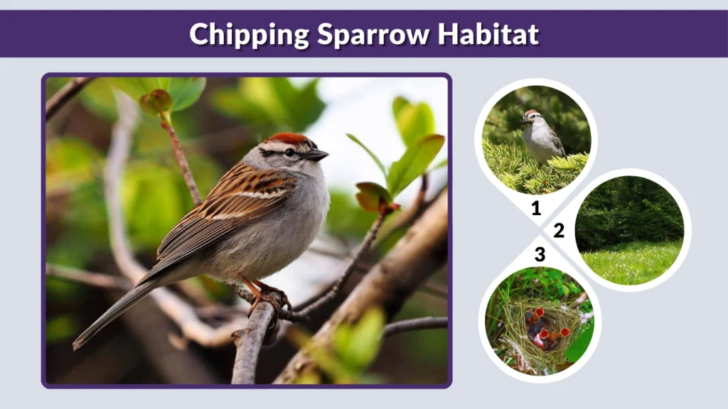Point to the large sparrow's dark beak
(317, 154)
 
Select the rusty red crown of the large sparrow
(287, 138)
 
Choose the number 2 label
(559, 230)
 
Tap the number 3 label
(540, 254)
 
